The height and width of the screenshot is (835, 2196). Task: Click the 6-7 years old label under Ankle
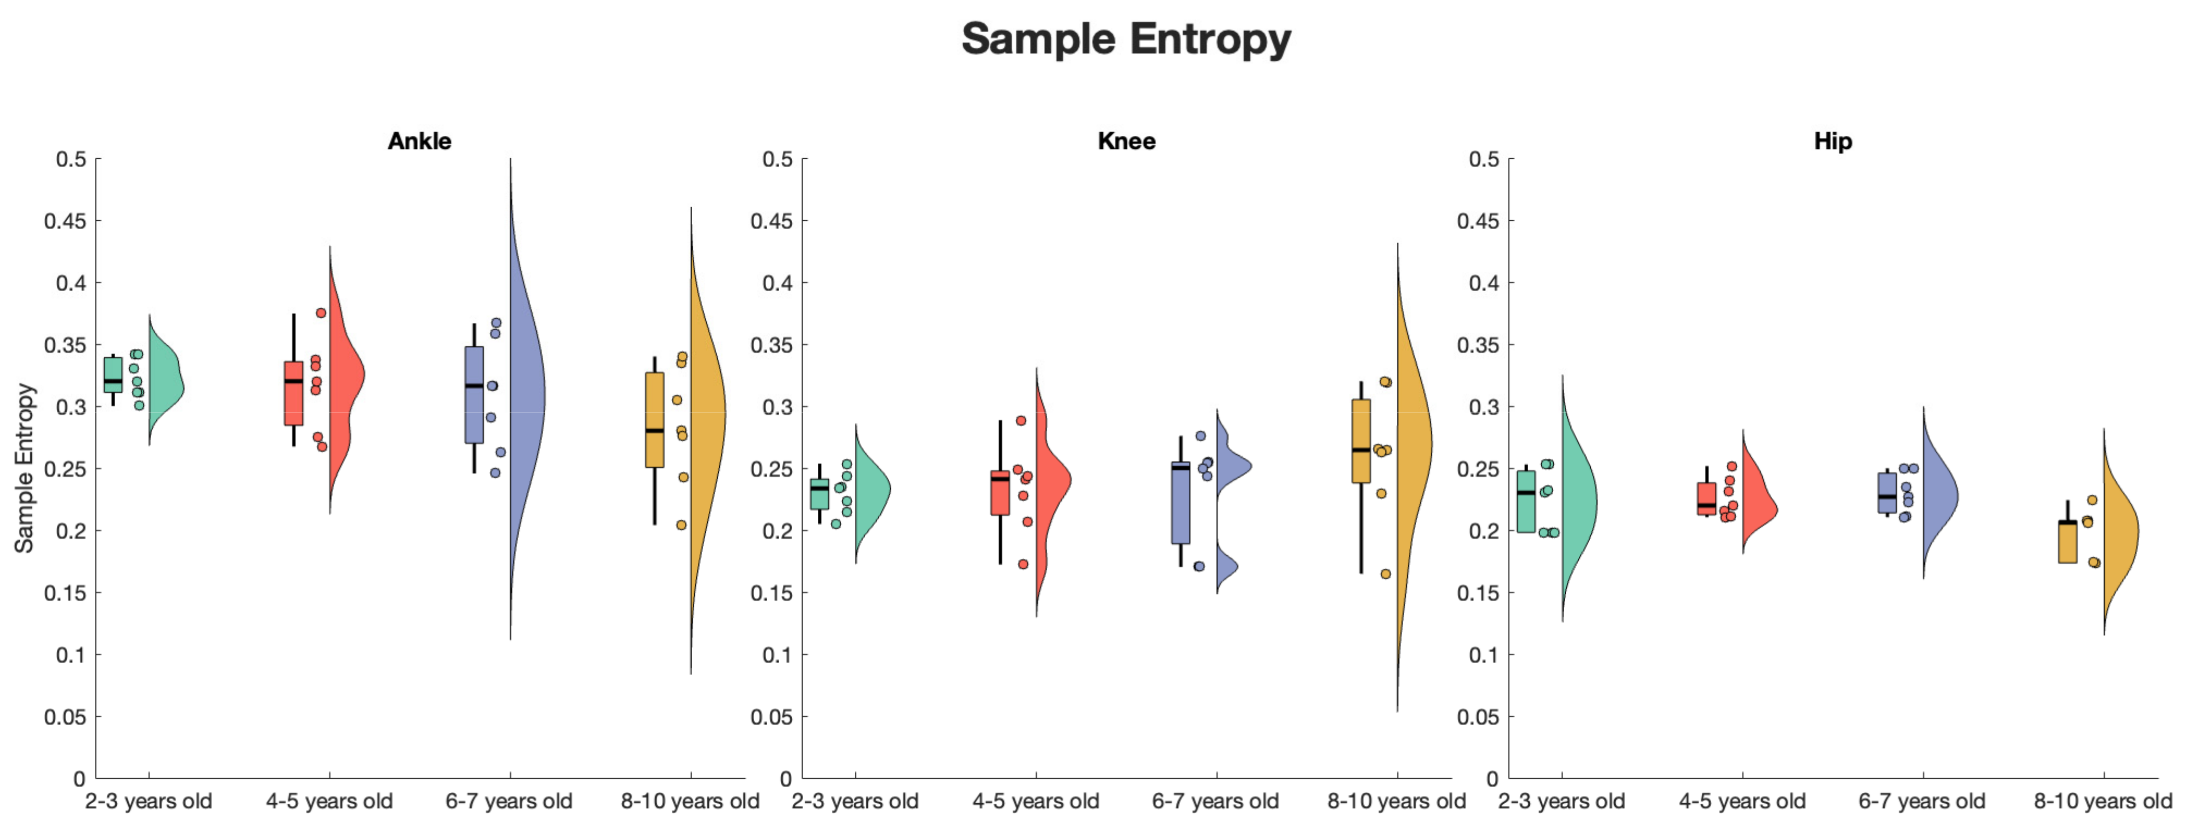[x=509, y=802]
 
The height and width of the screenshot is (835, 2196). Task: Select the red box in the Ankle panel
[x=293, y=393]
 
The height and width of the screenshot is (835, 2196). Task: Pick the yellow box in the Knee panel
[x=1362, y=440]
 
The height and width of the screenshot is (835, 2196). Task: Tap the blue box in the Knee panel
[x=1181, y=503]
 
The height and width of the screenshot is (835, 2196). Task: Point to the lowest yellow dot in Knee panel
[x=1386, y=574]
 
